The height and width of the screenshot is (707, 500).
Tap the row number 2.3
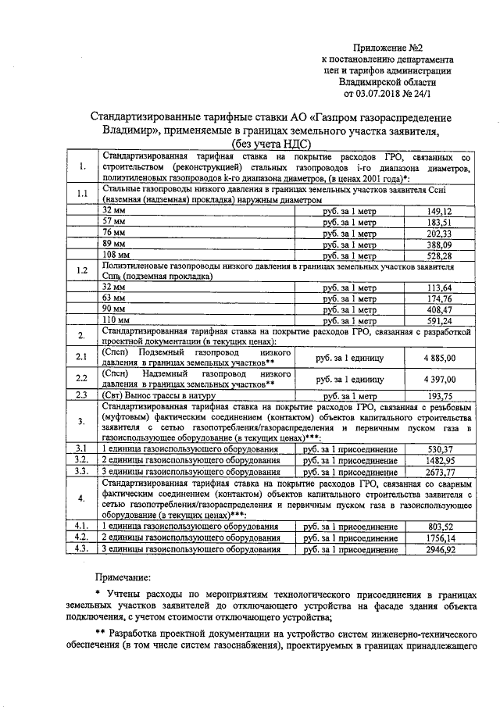(x=80, y=396)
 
